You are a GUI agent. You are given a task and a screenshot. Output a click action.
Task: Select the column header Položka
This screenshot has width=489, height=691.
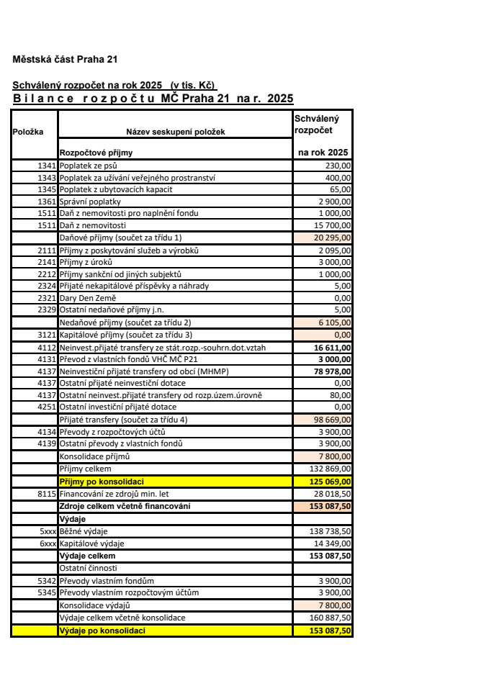pos(28,132)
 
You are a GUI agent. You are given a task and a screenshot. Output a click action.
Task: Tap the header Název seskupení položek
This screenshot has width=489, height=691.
pos(176,132)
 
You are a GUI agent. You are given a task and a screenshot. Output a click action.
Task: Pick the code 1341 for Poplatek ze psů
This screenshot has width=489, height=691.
pos(46,166)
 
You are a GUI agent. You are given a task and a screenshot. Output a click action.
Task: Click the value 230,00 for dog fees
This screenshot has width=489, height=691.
pos(337,166)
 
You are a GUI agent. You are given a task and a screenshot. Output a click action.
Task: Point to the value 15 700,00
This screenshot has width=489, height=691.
pos(332,225)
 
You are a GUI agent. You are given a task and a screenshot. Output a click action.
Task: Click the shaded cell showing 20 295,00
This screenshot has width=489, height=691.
pos(332,238)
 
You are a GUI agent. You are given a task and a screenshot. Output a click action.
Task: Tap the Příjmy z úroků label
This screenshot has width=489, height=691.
pos(86,262)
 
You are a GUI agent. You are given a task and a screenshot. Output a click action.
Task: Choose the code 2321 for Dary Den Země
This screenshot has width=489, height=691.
pos(46,298)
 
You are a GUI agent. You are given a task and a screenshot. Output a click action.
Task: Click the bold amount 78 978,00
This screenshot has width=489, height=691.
pos(331,371)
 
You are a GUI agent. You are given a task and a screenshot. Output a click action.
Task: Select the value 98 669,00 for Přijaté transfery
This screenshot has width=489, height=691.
pos(332,420)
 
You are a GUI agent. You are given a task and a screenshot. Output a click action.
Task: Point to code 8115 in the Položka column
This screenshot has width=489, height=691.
pos(46,493)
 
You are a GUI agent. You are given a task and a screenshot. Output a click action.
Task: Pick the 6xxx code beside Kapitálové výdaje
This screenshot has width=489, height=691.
pos(48,542)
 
